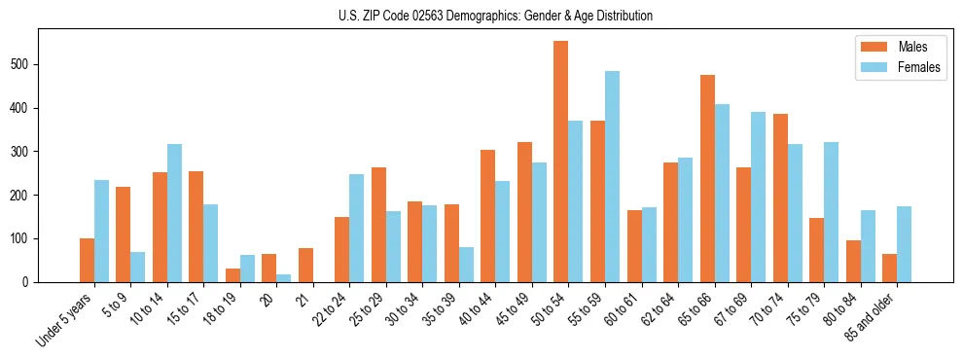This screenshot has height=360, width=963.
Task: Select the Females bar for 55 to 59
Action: click(612, 176)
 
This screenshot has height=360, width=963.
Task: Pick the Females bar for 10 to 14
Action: click(174, 213)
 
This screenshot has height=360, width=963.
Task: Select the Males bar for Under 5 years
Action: click(87, 260)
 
